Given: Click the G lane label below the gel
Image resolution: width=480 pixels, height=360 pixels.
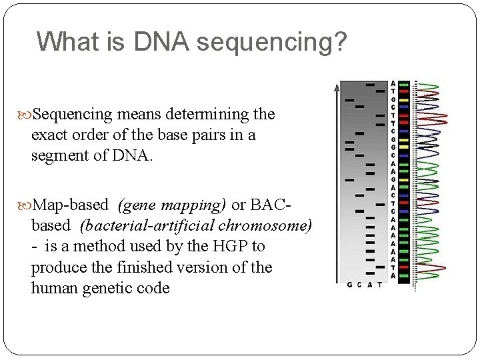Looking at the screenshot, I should coord(349,285).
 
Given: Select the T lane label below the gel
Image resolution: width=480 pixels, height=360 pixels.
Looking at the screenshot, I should coord(379,285).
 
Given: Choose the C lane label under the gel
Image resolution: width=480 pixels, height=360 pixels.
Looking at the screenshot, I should coord(359,285).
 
